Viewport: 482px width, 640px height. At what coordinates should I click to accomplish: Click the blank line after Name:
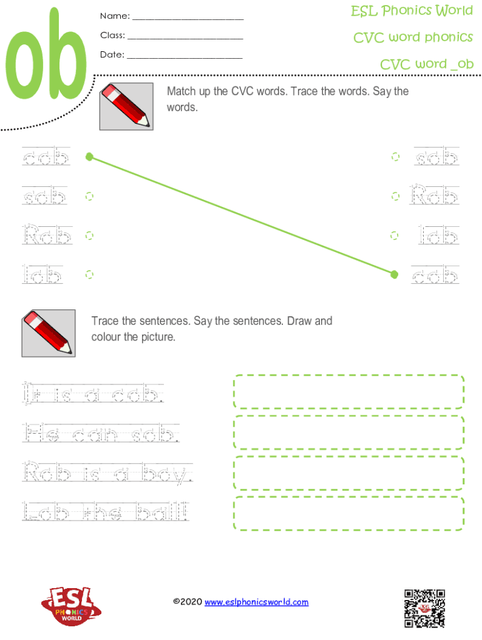[188, 19]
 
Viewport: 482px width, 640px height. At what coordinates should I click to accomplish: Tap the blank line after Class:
[185, 39]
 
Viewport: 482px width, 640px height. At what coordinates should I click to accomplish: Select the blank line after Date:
[185, 58]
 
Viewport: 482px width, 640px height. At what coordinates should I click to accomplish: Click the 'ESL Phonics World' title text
[412, 11]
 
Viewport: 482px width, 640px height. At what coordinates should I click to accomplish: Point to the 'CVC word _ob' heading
[426, 64]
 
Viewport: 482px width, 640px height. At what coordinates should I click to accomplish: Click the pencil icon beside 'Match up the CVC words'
[126, 106]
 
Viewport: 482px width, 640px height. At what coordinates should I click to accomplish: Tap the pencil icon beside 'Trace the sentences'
[49, 333]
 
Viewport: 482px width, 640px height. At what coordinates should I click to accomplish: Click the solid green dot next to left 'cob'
[90, 157]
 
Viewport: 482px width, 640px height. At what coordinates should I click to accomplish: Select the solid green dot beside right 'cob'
[394, 274]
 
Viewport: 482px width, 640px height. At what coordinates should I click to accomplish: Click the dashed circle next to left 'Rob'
[89, 236]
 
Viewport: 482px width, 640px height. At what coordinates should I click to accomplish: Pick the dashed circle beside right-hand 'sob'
[396, 157]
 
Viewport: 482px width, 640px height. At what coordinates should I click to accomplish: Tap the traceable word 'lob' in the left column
[43, 274]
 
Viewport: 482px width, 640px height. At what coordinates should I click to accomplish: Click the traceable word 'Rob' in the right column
[434, 194]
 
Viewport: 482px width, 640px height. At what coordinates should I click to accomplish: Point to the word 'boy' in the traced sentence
[167, 474]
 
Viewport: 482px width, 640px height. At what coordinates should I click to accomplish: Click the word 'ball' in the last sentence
[162, 511]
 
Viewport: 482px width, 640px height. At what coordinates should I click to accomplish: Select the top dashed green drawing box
[349, 391]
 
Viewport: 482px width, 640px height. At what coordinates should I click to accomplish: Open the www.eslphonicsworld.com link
[256, 602]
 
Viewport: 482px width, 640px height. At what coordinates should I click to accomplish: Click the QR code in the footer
[424, 608]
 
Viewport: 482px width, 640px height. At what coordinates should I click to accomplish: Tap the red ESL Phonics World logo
[71, 606]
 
